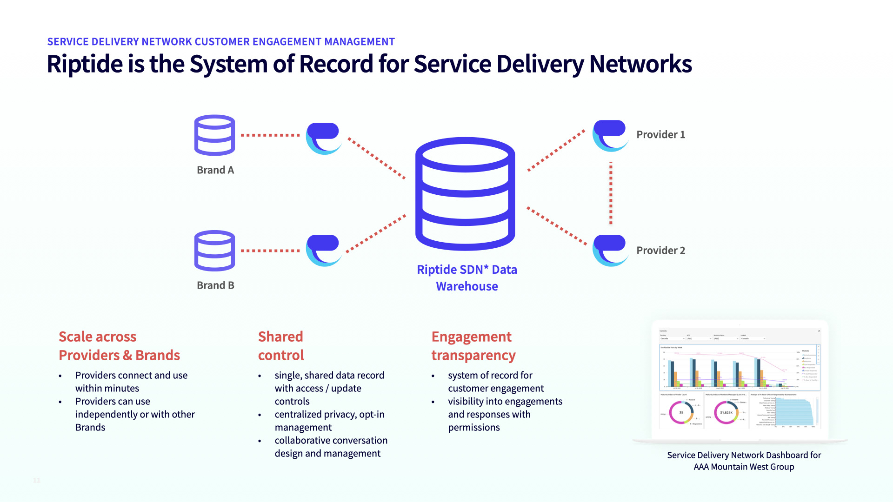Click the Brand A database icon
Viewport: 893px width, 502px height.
214,135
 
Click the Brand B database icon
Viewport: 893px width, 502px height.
214,251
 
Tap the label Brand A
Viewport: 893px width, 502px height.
215,170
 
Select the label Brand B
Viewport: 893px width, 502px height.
215,285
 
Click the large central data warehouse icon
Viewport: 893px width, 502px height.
465,194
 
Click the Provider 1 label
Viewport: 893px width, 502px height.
660,135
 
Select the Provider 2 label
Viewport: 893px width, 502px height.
660,251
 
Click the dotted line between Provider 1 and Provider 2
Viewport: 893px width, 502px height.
611,193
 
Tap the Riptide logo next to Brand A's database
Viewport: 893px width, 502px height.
324,139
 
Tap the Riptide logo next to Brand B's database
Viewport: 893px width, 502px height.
324,251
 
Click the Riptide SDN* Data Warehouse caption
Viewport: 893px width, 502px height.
467,278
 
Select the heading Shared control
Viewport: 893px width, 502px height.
281,346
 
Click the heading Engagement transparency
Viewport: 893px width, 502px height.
473,346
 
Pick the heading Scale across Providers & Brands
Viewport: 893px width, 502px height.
119,346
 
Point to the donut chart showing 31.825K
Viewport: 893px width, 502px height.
726,412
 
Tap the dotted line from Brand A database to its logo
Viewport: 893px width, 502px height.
270,135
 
